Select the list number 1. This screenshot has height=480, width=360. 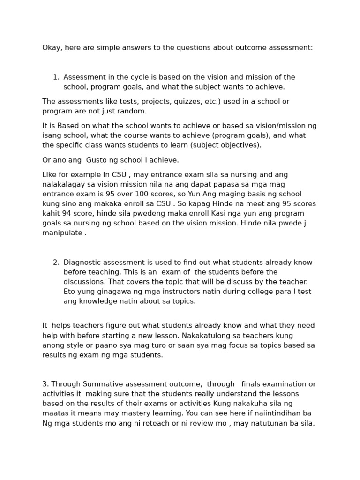pos(56,77)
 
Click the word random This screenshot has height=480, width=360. pos(134,112)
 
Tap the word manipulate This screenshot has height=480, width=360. pos(62,233)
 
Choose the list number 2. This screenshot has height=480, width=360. pos(56,262)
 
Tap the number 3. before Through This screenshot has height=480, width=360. pos(45,384)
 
